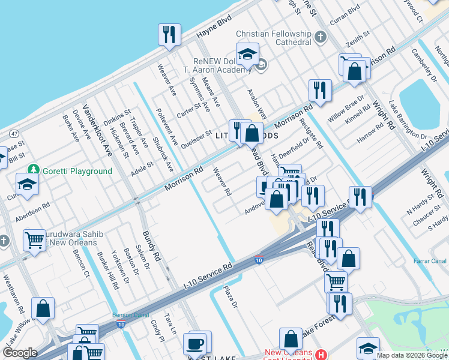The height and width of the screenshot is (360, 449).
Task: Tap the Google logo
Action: (x=20, y=353)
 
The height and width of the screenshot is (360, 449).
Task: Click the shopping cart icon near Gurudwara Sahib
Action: (x=35, y=240)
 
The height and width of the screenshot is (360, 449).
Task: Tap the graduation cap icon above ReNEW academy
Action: (x=247, y=55)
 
